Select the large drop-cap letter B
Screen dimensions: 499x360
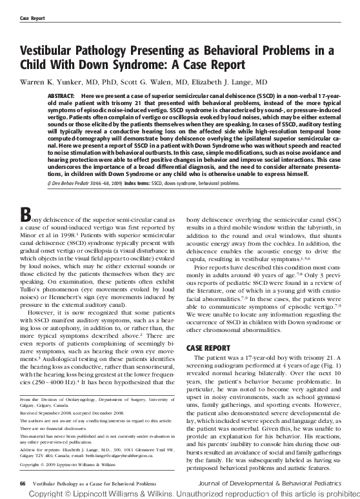27,217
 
